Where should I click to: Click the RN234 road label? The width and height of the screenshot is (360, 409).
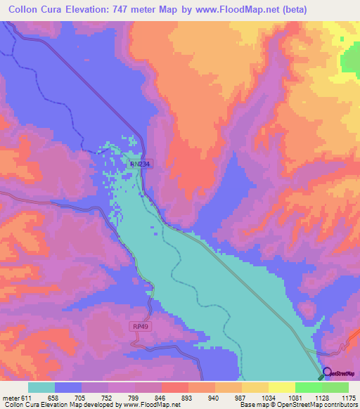pos(140,164)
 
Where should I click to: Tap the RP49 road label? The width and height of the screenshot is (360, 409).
pos(141,327)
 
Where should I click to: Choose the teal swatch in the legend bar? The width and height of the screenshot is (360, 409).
pos(41,387)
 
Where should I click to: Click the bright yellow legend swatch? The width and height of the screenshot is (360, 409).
pos(282,387)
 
